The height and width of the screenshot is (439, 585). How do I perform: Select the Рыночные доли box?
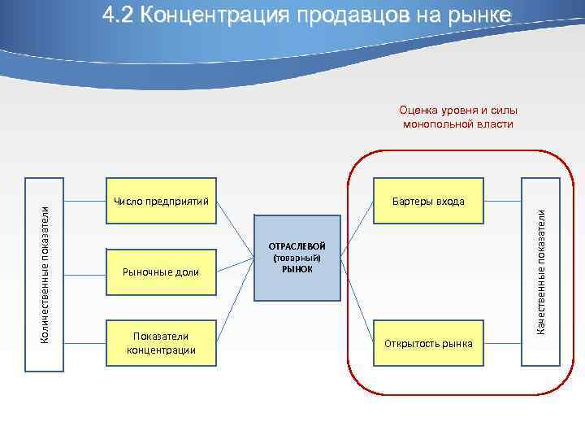161,271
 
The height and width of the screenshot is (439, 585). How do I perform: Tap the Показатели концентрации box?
161,342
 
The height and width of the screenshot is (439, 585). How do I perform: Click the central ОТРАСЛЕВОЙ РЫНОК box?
297,257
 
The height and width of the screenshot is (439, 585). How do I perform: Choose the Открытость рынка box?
428,342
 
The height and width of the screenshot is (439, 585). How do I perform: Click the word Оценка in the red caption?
416,111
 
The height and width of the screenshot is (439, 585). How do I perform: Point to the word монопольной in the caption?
437,124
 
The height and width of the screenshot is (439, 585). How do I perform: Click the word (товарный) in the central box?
297,258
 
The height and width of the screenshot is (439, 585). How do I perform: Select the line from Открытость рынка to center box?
357,301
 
